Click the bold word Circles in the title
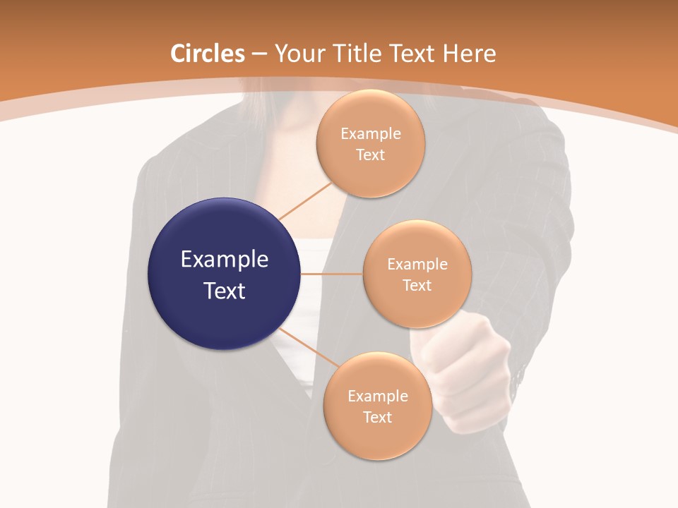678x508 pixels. (x=207, y=54)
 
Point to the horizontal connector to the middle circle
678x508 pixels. (x=332, y=274)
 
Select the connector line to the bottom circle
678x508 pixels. (x=309, y=348)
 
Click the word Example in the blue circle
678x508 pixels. (x=225, y=260)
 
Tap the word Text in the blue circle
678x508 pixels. (x=225, y=291)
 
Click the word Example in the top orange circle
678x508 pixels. (x=371, y=134)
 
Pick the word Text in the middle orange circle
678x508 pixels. (x=417, y=285)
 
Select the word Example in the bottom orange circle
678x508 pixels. (x=378, y=397)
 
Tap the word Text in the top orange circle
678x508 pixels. (x=371, y=155)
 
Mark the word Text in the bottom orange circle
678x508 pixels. (x=378, y=418)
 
